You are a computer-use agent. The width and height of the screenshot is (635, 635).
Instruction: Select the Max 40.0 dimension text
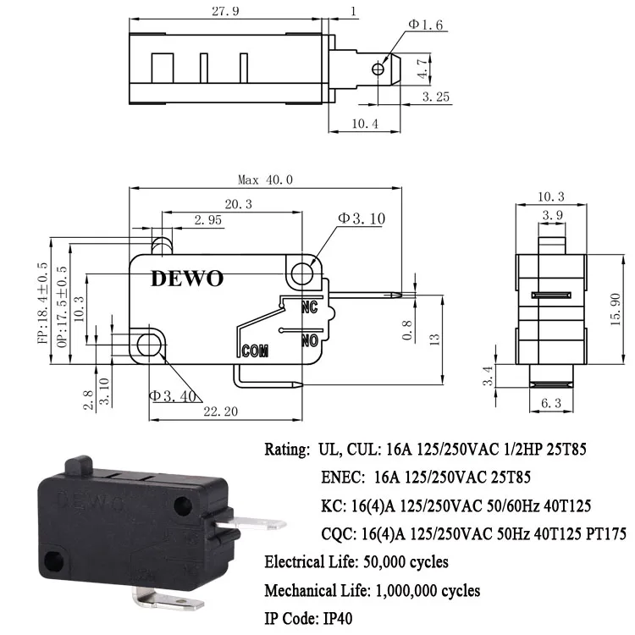[265, 179]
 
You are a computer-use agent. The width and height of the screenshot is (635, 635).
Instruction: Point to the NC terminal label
[309, 306]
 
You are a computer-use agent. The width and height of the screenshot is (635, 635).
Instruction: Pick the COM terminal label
[255, 350]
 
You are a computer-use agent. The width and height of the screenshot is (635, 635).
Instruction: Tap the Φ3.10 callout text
[362, 218]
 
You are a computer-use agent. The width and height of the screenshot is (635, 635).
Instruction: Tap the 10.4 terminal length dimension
[364, 125]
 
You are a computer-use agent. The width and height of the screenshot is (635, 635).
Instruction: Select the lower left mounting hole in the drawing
[150, 344]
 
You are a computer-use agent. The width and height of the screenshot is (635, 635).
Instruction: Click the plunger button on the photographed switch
[80, 466]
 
